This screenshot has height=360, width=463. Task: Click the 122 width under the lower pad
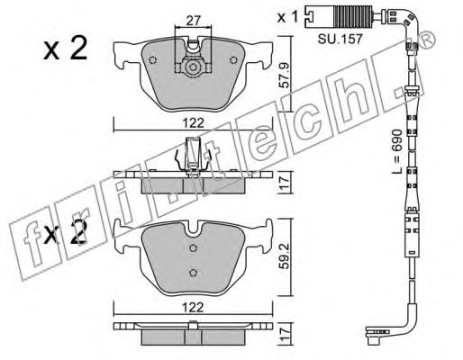click(x=191, y=305)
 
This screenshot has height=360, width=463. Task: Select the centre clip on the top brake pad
click(x=190, y=67)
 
